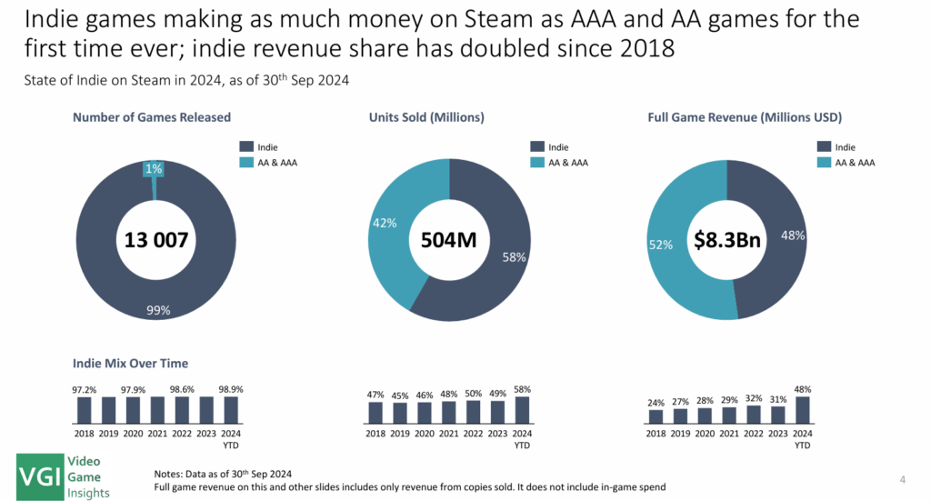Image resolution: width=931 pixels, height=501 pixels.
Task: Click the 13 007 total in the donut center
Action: click(155, 240)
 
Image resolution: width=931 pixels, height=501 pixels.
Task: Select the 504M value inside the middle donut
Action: click(449, 240)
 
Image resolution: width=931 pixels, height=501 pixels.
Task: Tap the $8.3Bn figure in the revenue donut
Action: click(727, 240)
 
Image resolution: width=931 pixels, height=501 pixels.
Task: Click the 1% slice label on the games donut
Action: click(153, 168)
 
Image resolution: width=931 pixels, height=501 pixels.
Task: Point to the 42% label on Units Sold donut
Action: click(384, 223)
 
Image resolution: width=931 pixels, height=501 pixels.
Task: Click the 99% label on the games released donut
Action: click(158, 311)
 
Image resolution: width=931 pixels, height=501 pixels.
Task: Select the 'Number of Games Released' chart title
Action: click(152, 117)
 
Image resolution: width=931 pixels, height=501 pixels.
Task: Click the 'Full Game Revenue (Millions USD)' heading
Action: click(745, 117)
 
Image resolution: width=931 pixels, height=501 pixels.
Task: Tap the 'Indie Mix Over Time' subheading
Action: click(130, 364)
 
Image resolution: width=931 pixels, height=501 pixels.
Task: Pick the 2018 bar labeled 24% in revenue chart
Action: click(656, 417)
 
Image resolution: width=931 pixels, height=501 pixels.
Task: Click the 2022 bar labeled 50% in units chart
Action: click(473, 412)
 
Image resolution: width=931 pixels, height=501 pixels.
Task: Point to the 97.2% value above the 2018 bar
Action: click(85, 389)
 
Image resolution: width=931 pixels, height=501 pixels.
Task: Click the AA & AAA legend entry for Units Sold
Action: click(562, 162)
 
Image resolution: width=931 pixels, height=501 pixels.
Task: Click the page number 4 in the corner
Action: click(902, 479)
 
